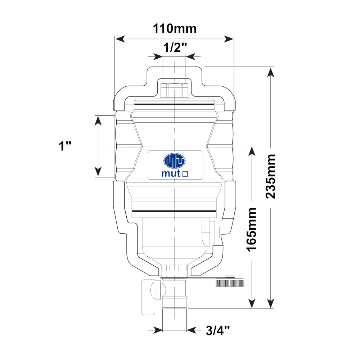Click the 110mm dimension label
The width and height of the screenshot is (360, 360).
pos(175,29)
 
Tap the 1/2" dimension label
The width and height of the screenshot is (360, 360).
pos(175,48)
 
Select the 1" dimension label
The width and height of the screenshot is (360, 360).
pos(65,146)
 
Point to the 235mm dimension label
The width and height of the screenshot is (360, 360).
pos(270,176)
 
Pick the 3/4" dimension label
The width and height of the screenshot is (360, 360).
pos(218,330)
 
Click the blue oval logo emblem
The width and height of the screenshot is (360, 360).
pos(175,161)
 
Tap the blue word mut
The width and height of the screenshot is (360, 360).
pos(171,174)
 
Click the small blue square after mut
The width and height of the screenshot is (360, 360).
pos(185,174)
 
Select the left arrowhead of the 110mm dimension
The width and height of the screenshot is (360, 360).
pos(120,39)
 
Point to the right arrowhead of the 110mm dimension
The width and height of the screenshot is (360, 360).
pos(229,39)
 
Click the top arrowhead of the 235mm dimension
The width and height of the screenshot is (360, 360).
pos(271,72)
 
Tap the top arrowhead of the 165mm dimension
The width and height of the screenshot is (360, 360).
pos(252,151)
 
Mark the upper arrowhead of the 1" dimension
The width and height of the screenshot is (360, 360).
pos(98,121)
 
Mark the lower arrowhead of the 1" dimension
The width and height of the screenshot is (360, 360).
pos(98,172)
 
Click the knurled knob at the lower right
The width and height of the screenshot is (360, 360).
pos(230,282)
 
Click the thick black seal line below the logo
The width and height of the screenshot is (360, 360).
pos(174,211)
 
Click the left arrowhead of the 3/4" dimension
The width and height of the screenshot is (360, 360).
pos(158,330)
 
